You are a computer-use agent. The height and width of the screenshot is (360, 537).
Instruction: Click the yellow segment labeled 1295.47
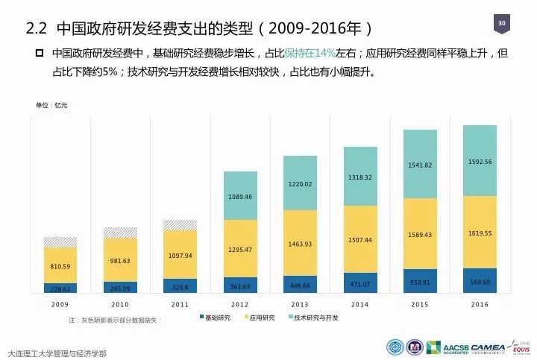[x=239, y=249]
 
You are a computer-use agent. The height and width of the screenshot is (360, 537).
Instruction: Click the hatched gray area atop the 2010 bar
[x=120, y=233]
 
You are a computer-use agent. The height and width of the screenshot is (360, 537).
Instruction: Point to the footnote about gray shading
[x=113, y=320]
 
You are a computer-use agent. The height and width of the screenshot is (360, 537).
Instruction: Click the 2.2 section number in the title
[x=36, y=28]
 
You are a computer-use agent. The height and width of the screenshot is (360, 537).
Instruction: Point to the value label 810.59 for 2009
[x=60, y=266]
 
